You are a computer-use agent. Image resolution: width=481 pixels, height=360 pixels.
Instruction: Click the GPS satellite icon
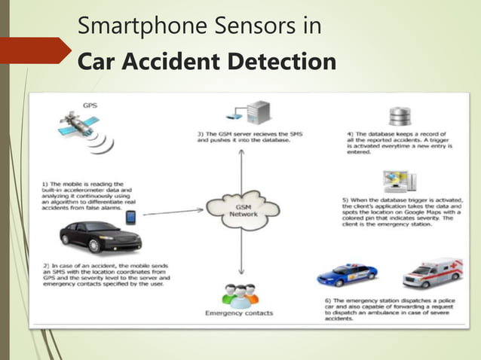click(77, 127)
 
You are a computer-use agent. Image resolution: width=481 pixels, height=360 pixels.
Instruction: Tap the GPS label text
click(90, 106)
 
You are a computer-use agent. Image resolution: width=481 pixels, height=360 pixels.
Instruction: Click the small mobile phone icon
click(130, 218)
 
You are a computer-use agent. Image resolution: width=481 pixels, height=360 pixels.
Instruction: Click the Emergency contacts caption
click(240, 313)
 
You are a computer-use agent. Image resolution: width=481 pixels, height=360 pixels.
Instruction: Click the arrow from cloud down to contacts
click(239, 252)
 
